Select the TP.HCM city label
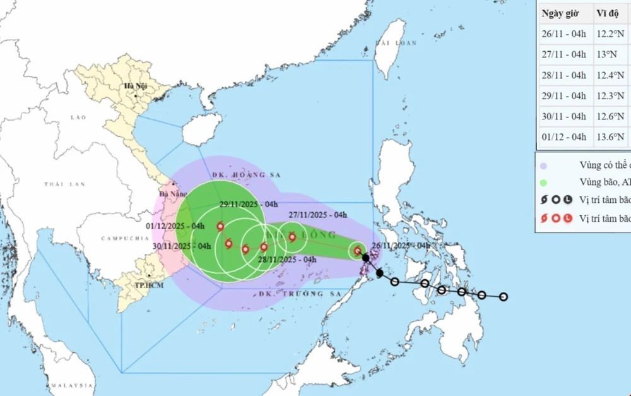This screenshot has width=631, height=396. (x=150, y=285)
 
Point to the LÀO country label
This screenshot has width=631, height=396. (x=78, y=117)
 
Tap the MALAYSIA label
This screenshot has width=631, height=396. (x=72, y=385)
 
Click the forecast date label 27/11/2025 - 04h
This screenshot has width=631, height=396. (x=318, y=215)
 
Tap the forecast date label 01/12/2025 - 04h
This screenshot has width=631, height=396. (x=176, y=226)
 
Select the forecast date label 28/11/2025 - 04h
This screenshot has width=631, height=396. (x=287, y=259)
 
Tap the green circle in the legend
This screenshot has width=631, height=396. (x=544, y=183)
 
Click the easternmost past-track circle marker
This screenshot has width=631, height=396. (x=504, y=297)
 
